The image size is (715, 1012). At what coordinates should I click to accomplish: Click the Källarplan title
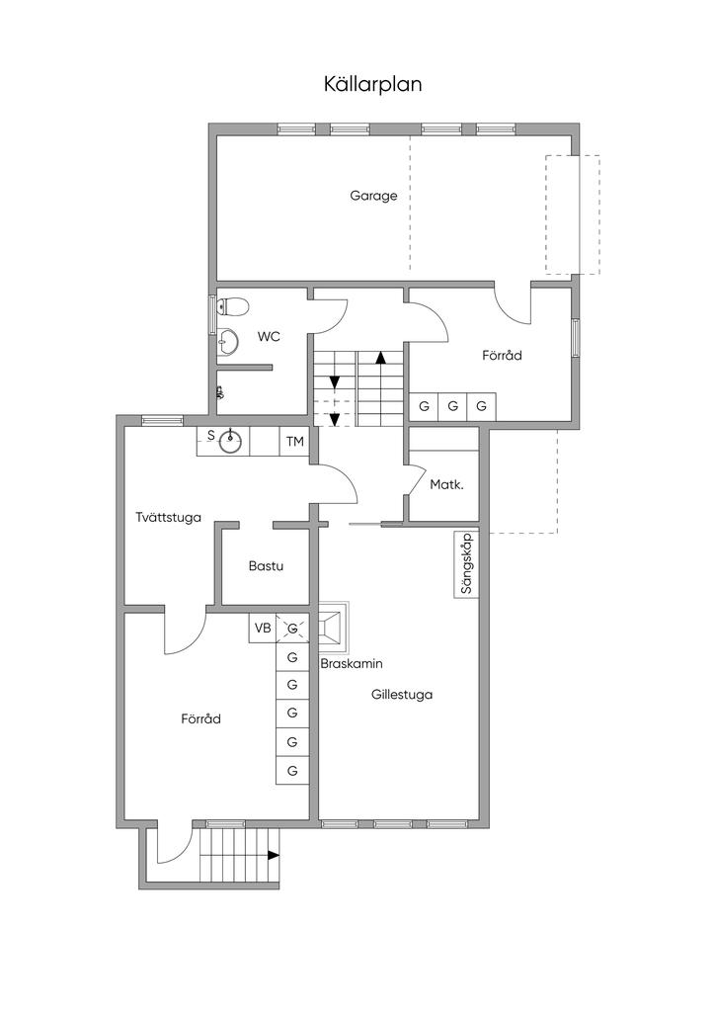(372, 85)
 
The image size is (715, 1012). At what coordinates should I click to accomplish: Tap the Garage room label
(373, 195)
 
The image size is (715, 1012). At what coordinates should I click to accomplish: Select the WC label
(269, 336)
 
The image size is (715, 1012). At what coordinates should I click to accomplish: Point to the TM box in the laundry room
(294, 442)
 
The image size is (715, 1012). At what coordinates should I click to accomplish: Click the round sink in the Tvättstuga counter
(230, 442)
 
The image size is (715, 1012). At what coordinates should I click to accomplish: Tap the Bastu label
(266, 566)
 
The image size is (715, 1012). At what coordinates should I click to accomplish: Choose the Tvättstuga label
(168, 517)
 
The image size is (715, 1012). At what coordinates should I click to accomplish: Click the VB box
(263, 628)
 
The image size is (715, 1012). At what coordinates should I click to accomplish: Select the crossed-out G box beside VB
(292, 628)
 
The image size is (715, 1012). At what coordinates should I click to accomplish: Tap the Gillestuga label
(402, 695)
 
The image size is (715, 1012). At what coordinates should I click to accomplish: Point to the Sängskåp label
(467, 563)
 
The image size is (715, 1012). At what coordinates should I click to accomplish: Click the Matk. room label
(446, 484)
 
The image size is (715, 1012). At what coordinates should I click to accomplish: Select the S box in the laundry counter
(210, 436)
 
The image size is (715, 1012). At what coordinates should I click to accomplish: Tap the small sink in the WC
(227, 340)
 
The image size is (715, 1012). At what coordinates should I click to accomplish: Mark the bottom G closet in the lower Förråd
(292, 770)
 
